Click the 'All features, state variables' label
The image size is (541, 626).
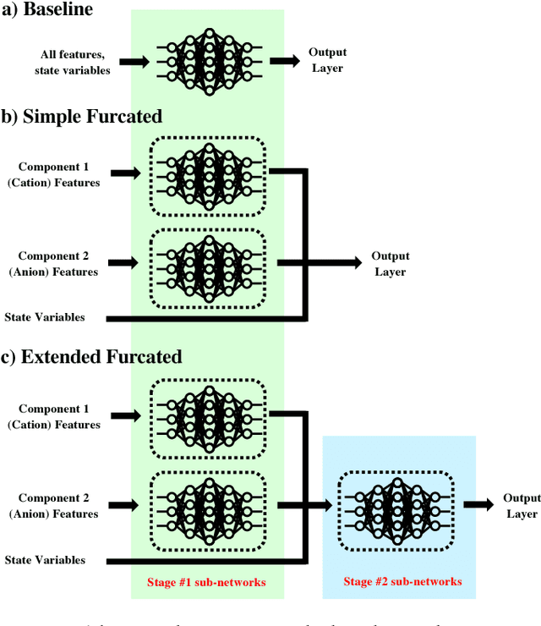point(72,62)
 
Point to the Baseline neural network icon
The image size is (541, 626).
point(208,60)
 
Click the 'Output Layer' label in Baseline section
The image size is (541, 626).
point(327,60)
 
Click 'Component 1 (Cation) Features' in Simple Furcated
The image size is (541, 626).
point(59,174)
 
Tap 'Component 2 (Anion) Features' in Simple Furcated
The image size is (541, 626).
point(59,263)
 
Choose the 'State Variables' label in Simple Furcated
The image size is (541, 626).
point(44,317)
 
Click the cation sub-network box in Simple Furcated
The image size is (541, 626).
point(208,175)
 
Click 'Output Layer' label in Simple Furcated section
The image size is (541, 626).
point(390,263)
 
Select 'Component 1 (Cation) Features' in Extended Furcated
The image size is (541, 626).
point(59,416)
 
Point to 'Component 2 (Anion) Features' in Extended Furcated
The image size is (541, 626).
point(59,505)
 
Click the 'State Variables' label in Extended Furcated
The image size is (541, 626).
point(44,559)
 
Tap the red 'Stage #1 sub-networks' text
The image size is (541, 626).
point(208,582)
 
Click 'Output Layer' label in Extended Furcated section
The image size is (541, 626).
point(522,506)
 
